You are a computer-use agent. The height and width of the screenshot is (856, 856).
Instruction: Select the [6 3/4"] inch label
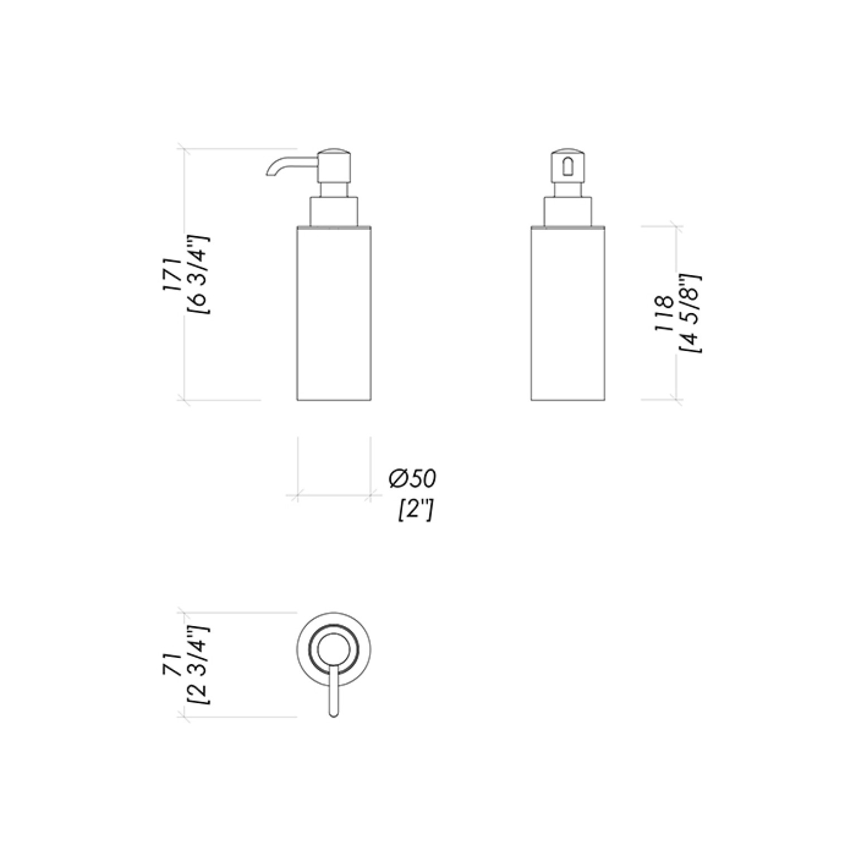click(x=200, y=275)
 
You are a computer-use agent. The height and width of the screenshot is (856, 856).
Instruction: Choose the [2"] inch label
click(x=416, y=510)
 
